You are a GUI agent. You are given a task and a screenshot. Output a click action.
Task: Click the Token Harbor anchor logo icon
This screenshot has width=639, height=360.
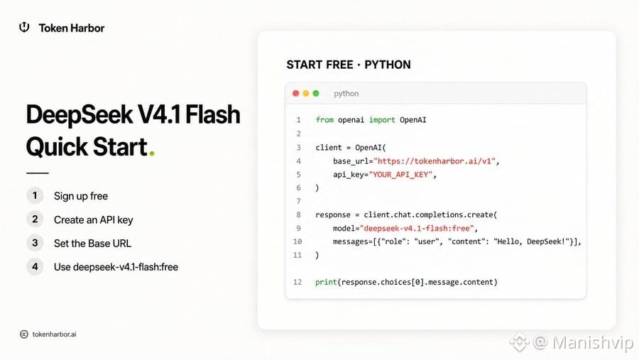coord(24,27)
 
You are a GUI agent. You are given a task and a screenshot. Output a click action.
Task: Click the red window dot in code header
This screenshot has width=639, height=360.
coord(296,93)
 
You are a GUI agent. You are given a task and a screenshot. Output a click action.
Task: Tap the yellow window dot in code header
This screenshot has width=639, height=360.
coord(305,93)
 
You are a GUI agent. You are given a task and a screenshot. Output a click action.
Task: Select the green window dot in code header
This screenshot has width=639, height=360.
coord(316,93)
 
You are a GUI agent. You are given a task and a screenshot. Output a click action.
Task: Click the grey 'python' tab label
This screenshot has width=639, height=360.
coord(346,93)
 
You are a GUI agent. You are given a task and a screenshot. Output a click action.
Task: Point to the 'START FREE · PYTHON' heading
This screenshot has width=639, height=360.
coord(349,65)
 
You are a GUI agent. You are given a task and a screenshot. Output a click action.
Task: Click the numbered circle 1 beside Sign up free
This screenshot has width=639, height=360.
coord(35,196)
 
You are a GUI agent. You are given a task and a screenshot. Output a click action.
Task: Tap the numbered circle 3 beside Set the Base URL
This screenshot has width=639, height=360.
coord(35,243)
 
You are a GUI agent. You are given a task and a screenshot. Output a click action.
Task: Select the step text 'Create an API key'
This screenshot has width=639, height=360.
coord(93,219)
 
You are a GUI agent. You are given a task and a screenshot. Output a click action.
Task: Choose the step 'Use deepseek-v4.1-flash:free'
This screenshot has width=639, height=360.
coord(116,267)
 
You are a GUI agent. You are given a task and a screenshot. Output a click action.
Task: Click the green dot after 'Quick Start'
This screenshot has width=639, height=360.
coord(152,153)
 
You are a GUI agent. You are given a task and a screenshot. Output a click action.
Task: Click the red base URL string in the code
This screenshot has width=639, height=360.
coord(435,161)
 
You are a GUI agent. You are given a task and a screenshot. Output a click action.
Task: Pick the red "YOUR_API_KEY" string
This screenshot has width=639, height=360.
coord(400,175)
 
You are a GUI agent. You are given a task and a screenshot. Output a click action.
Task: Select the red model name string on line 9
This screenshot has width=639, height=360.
coord(417,229)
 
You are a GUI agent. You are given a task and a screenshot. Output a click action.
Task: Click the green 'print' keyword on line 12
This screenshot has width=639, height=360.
coord(326,282)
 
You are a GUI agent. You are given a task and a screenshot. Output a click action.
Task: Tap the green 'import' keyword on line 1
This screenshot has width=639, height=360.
coord(382,120)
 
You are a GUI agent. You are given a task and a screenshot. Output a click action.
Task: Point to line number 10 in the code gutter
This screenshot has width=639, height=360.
coord(297,241)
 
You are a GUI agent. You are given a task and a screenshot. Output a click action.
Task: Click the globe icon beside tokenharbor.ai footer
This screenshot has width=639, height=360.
coord(24,334)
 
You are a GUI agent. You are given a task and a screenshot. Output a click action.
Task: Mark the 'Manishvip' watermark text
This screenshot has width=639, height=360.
coord(593,342)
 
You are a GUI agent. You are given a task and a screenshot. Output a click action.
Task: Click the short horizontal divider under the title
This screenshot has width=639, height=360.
coord(38,173)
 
